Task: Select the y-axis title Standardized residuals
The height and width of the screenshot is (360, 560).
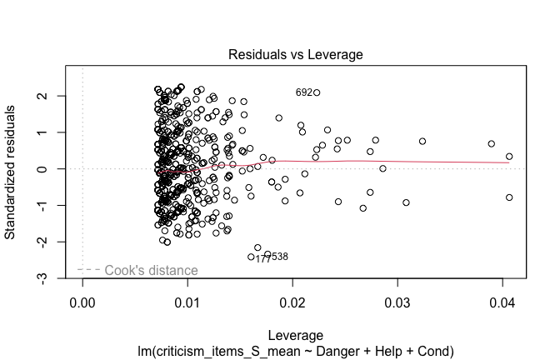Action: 12,171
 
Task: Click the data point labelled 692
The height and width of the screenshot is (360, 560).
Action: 317,92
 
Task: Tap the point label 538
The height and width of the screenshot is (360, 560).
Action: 280,257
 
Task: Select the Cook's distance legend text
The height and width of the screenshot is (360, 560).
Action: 152,270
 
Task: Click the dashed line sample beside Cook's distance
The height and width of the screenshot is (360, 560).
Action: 89,270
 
